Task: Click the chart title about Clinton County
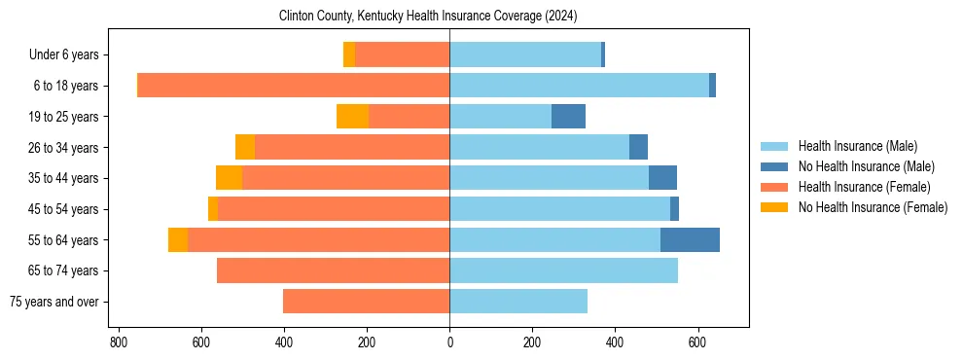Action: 428,16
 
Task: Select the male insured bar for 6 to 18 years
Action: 579,86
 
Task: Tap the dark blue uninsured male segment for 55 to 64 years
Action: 690,239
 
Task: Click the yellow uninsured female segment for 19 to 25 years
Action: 352,117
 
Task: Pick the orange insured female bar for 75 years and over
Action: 366,302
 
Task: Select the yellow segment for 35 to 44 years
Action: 229,178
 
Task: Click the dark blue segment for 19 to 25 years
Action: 568,117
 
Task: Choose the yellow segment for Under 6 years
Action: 349,54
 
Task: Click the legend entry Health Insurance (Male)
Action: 857,146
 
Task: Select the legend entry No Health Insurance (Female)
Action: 873,207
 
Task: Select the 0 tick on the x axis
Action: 449,342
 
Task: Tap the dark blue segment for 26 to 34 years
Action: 638,147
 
